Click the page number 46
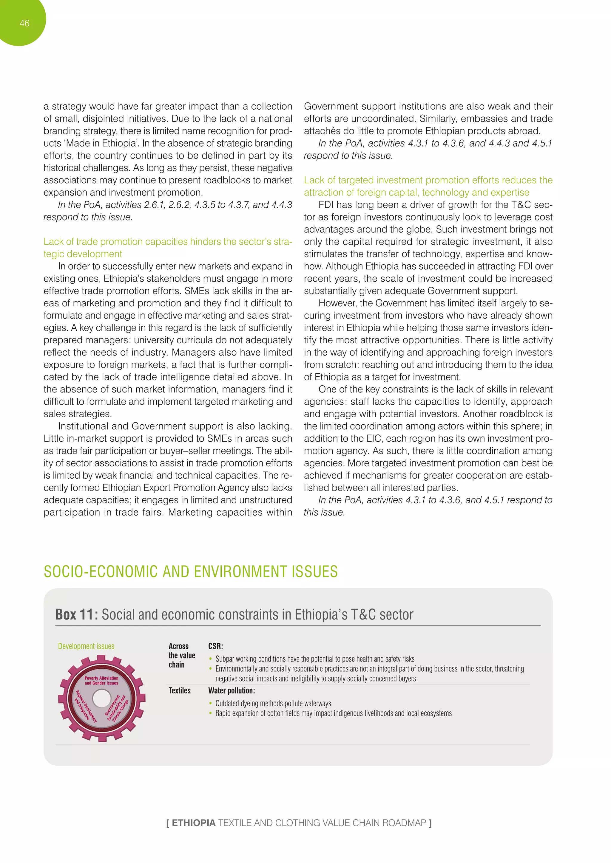pyautogui.click(x=24, y=23)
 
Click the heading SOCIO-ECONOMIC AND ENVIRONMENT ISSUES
pyautogui.click(x=190, y=572)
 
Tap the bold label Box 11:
pyautogui.click(x=77, y=615)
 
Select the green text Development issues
pyautogui.click(x=86, y=646)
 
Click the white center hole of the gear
pyautogui.click(x=101, y=699)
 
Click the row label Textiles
pyautogui.click(x=180, y=690)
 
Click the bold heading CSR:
pyautogui.click(x=216, y=646)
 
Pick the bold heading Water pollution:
pyautogui.click(x=232, y=690)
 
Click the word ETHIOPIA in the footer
pyautogui.click(x=193, y=823)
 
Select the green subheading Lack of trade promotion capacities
pyautogui.click(x=167, y=242)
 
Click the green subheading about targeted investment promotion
pyautogui.click(x=428, y=186)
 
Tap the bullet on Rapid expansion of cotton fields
pyautogui.click(x=333, y=713)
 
